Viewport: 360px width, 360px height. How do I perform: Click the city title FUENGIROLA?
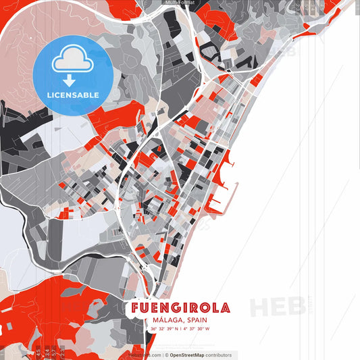coord(180,308)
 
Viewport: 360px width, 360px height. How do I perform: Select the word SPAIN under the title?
coord(193,320)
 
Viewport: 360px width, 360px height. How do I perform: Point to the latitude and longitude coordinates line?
coord(180,329)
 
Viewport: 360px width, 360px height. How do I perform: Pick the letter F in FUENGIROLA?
coord(136,308)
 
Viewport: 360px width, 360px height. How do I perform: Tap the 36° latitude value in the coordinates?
coord(154,329)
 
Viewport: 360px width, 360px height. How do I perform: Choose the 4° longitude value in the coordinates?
coord(184,329)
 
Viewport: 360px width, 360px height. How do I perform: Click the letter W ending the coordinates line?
coord(207,329)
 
